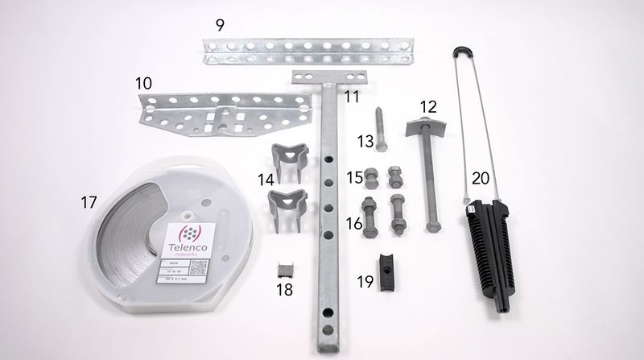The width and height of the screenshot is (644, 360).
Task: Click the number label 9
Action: pyautogui.click(x=219, y=24)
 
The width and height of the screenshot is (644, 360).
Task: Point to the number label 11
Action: pyautogui.click(x=351, y=96)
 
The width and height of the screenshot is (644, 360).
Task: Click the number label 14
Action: pyautogui.click(x=265, y=177)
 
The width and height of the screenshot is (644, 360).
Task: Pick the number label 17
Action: pyautogui.click(x=89, y=201)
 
